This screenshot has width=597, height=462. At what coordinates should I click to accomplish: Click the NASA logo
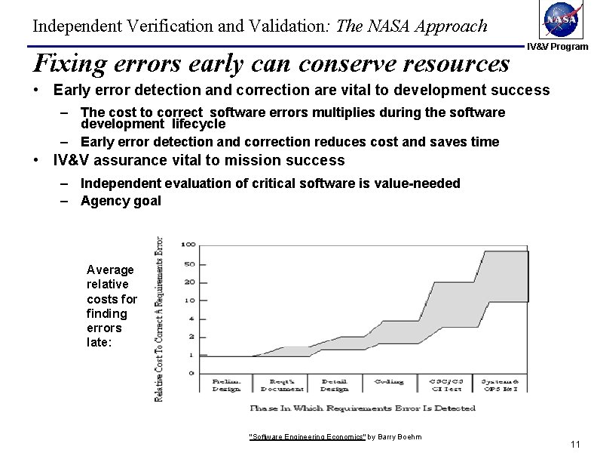563,20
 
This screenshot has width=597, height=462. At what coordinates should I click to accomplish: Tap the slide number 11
577,444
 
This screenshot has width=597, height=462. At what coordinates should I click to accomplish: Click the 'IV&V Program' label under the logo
557,47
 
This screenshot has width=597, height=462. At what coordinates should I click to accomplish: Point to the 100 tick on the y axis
188,245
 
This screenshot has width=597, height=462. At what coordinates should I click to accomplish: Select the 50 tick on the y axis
189,263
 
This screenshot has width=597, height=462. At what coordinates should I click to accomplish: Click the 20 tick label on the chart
189,282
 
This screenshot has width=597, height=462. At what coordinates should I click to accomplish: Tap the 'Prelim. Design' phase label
227,385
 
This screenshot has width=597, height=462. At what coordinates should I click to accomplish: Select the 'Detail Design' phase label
334,385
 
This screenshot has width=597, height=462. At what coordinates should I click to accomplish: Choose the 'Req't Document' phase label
281,385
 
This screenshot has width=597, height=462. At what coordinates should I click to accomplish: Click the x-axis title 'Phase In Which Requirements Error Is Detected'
362,408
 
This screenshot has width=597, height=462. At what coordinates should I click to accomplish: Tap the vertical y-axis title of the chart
159,319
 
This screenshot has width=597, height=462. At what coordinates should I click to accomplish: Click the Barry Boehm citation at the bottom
335,437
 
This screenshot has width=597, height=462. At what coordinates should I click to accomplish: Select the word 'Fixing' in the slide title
69,63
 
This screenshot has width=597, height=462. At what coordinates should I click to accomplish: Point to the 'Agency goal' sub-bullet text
121,201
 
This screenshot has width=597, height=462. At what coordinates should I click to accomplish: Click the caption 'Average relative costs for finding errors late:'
111,306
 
